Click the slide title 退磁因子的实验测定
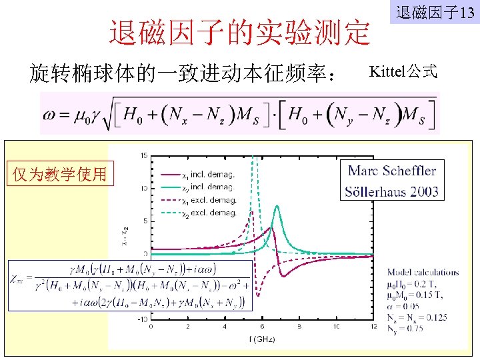[x=240, y=32]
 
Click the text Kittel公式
[x=403, y=71]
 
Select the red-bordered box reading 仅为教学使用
[x=65, y=175]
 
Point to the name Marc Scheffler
[x=392, y=170]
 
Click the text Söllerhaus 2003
[x=392, y=192]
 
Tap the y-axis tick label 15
[x=144, y=156]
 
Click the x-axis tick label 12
[x=373, y=327]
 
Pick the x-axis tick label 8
[x=299, y=327]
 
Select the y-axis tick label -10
[x=143, y=319]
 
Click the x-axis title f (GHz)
[x=261, y=339]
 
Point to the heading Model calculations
[x=423, y=272]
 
